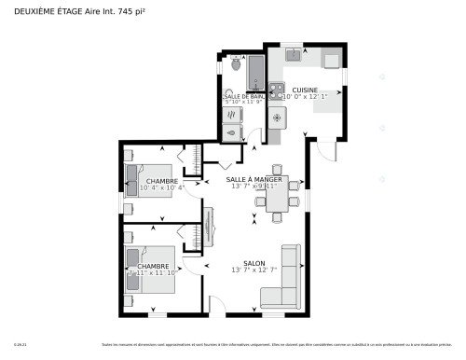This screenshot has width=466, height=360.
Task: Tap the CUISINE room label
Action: pos(305,90)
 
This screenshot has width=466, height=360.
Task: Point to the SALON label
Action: pos(255,263)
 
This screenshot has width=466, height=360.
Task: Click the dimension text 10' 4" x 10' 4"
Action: pos(162,188)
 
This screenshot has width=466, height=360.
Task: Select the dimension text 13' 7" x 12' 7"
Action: pos(255,270)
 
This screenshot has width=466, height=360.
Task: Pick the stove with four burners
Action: pos(277,90)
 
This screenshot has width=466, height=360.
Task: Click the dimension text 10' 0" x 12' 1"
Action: pos(305,97)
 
